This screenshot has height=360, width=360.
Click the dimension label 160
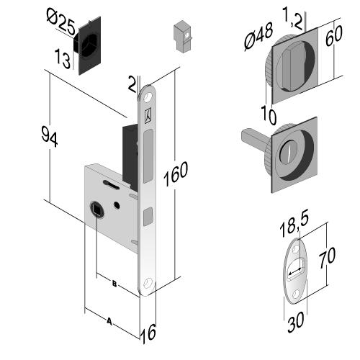pos(176,174)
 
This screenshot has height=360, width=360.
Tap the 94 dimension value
pos(50,137)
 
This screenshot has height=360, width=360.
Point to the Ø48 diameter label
pos(258,36)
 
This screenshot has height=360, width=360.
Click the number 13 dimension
pos(63,59)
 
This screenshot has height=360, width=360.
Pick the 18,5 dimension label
pos(294,223)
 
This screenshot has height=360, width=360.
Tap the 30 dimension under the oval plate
pos(296,322)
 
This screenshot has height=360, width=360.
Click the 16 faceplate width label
pos(148,333)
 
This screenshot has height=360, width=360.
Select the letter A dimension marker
pos(109,321)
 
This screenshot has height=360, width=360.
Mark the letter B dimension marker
pos(114,284)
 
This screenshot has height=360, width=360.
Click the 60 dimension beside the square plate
pos(334,35)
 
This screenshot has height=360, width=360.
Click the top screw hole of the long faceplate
pos(148,97)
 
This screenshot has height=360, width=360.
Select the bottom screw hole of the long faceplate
pos(148,282)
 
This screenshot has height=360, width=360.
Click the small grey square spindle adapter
pos(183,37)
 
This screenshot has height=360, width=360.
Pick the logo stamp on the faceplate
pos(149,116)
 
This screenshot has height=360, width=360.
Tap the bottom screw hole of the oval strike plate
pos(296,293)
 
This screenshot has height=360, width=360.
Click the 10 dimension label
pos(269,115)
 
